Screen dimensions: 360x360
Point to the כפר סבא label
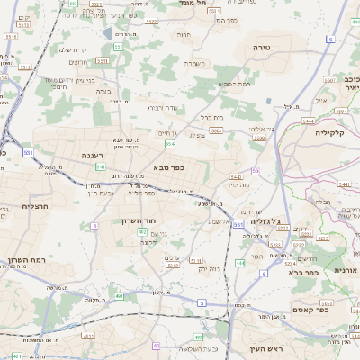pyautogui.click(x=170, y=166)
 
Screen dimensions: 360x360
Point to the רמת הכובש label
pyautogui.click(x=231, y=84)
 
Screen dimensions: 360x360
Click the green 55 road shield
pyautogui.click(x=256, y=170)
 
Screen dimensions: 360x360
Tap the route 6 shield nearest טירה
pyautogui.click(x=329, y=40)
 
